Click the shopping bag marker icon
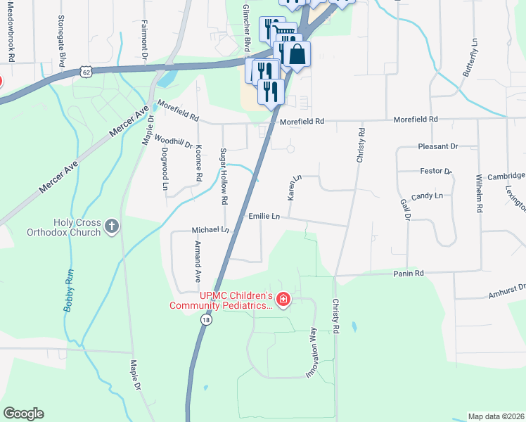pyautogui.click(x=297, y=55)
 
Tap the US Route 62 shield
pyautogui.click(x=86, y=71)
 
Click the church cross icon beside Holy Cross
pyautogui.click(x=111, y=226)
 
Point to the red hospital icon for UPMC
pyautogui.click(x=283, y=300)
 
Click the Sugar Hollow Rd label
pyautogui.click(x=224, y=177)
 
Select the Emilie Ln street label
pyautogui.click(x=264, y=216)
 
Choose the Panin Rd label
pyautogui.click(x=409, y=273)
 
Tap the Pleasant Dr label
pyautogui.click(x=438, y=146)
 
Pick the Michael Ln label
pyautogui.click(x=210, y=230)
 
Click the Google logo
pyautogui.click(x=24, y=414)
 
